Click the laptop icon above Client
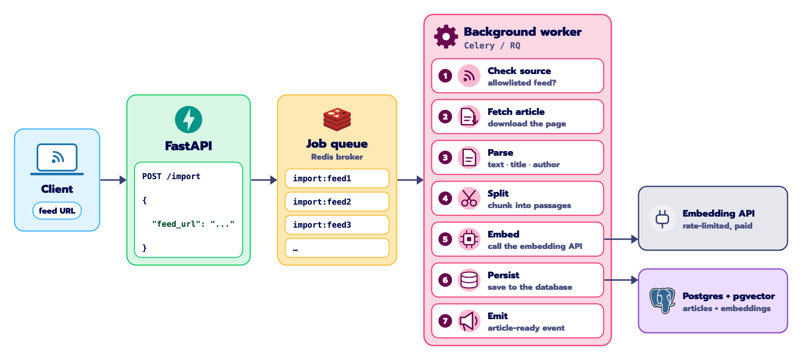click(57, 159)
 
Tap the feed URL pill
click(57, 211)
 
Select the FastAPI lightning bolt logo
click(189, 120)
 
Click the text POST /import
click(171, 176)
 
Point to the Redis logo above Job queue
click(337, 119)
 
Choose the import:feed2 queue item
click(337, 202)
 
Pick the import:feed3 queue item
click(337, 225)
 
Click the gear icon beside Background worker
click(446, 37)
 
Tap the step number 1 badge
click(445, 76)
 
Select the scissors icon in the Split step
click(469, 198)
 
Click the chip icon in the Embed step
click(469, 239)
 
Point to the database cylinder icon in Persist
click(469, 280)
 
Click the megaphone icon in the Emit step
click(469, 321)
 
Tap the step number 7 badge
click(445, 321)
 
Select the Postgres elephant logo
click(662, 300)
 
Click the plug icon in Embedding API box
click(662, 219)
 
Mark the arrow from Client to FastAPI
click(114, 180)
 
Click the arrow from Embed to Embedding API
click(621, 239)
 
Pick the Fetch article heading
click(516, 111)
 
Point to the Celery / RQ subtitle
click(492, 46)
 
